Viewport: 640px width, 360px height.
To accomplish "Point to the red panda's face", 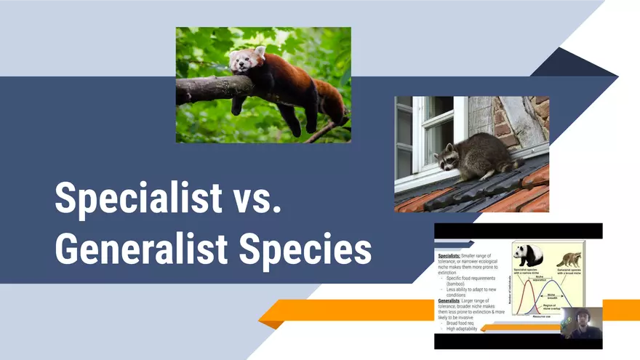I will pos(241,61).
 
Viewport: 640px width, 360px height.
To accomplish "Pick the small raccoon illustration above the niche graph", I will pos(569,259).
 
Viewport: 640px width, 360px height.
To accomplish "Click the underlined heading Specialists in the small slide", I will pos(448,257).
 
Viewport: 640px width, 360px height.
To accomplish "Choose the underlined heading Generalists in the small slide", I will pos(449,300).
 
